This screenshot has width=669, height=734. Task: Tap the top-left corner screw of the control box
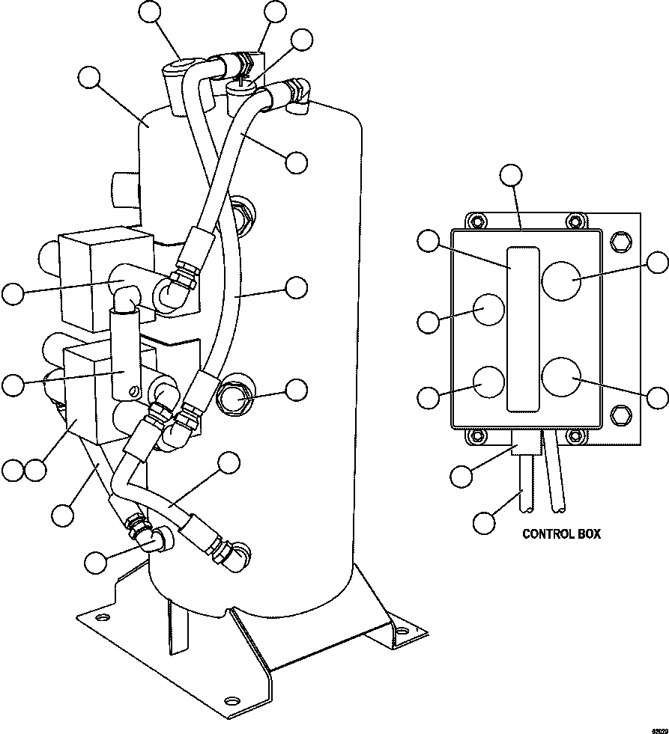coord(473,221)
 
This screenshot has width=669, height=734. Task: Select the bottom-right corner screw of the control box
coord(574,435)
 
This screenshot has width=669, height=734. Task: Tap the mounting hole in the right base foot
coord(403,632)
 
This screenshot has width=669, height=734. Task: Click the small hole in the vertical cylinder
coord(133,389)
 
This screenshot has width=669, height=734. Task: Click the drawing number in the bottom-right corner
coord(658,727)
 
